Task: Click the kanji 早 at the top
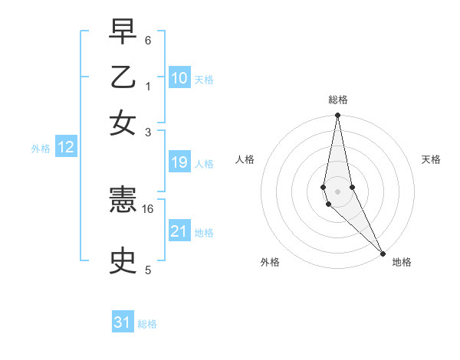coord(123,31)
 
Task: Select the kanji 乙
coord(123,77)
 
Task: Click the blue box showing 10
coord(179,78)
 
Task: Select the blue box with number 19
coord(179,162)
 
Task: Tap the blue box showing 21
coord(179,231)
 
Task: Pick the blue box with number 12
coord(66,148)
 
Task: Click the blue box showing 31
coord(123,322)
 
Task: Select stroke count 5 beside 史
coord(148,270)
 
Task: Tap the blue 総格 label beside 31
coord(147,324)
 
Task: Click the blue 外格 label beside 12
coord(41,149)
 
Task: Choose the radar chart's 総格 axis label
coord(338,100)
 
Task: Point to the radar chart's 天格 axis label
coord(431,159)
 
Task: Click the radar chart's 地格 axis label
coord(402,262)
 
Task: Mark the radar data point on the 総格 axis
coord(337,116)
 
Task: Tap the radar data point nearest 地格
coord(383,253)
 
